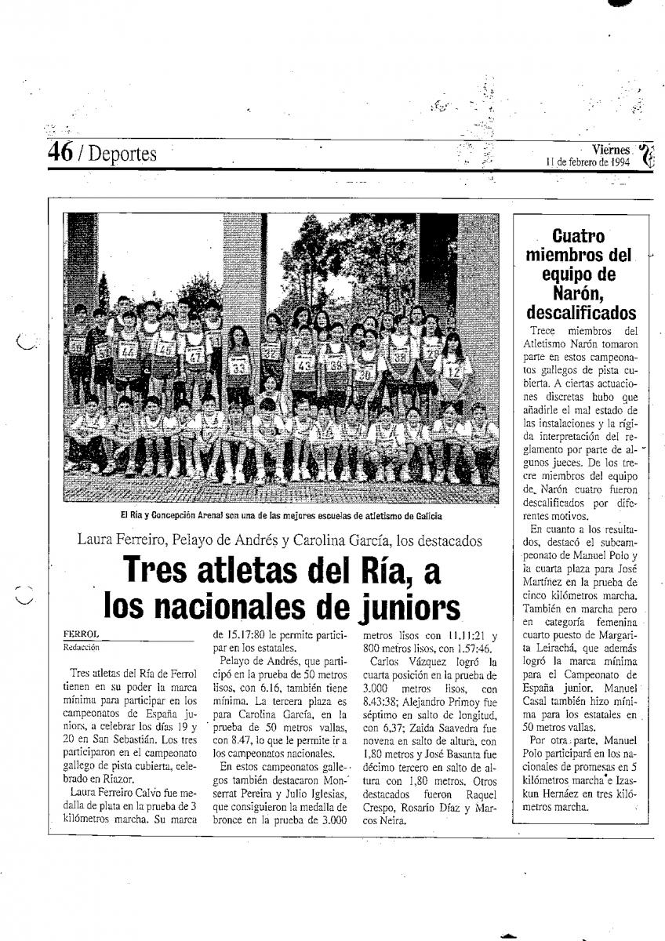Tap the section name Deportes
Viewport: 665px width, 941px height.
[x=122, y=154]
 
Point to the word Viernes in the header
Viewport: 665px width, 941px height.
[x=611, y=150]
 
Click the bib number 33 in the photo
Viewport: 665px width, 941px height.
[x=239, y=366]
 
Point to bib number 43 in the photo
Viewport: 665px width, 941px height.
[x=305, y=365]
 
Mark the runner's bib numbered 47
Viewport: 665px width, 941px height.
[x=196, y=357]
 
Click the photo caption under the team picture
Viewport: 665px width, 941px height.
[x=281, y=516]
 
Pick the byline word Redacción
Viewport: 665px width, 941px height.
[x=82, y=648]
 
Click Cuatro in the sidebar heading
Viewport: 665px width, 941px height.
[x=579, y=235]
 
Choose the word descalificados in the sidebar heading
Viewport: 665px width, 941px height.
[x=581, y=314]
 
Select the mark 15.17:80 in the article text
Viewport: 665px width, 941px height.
[x=238, y=635]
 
